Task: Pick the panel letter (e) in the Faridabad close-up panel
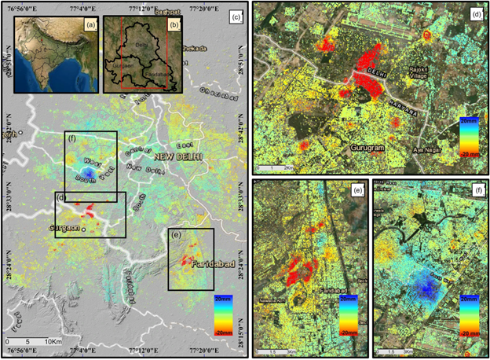pos(357,190)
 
